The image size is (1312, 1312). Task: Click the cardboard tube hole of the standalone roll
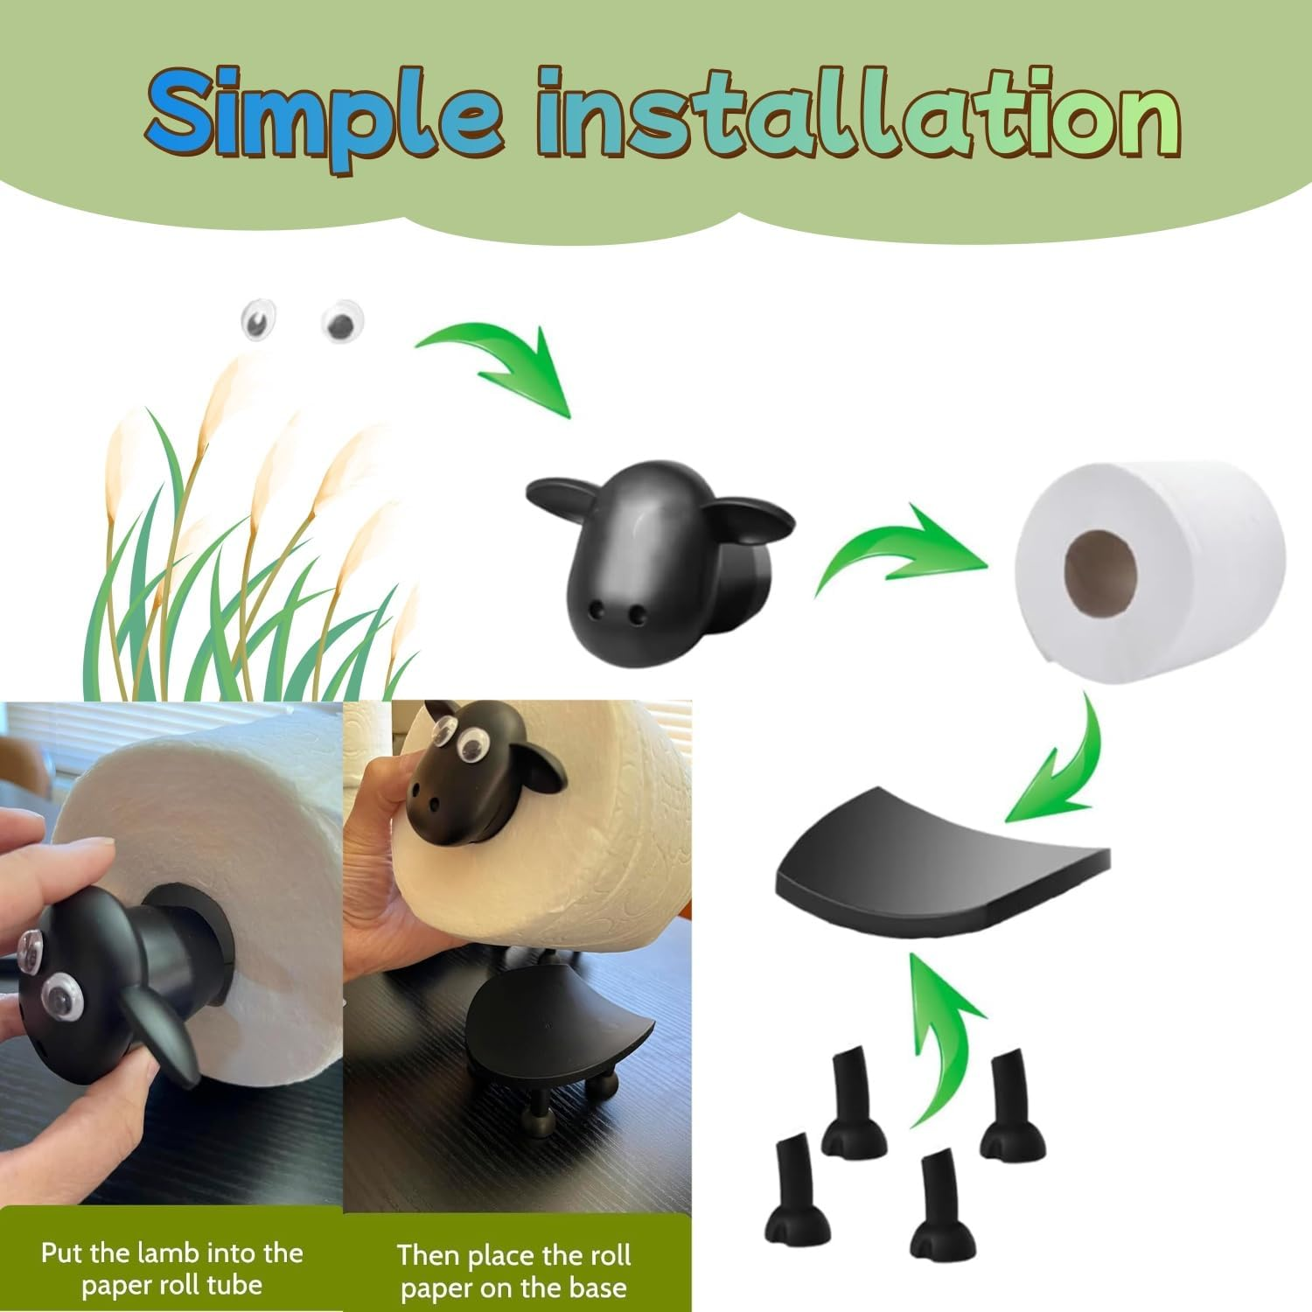(x=1100, y=569)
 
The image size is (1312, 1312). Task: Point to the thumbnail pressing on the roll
(x=88, y=852)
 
